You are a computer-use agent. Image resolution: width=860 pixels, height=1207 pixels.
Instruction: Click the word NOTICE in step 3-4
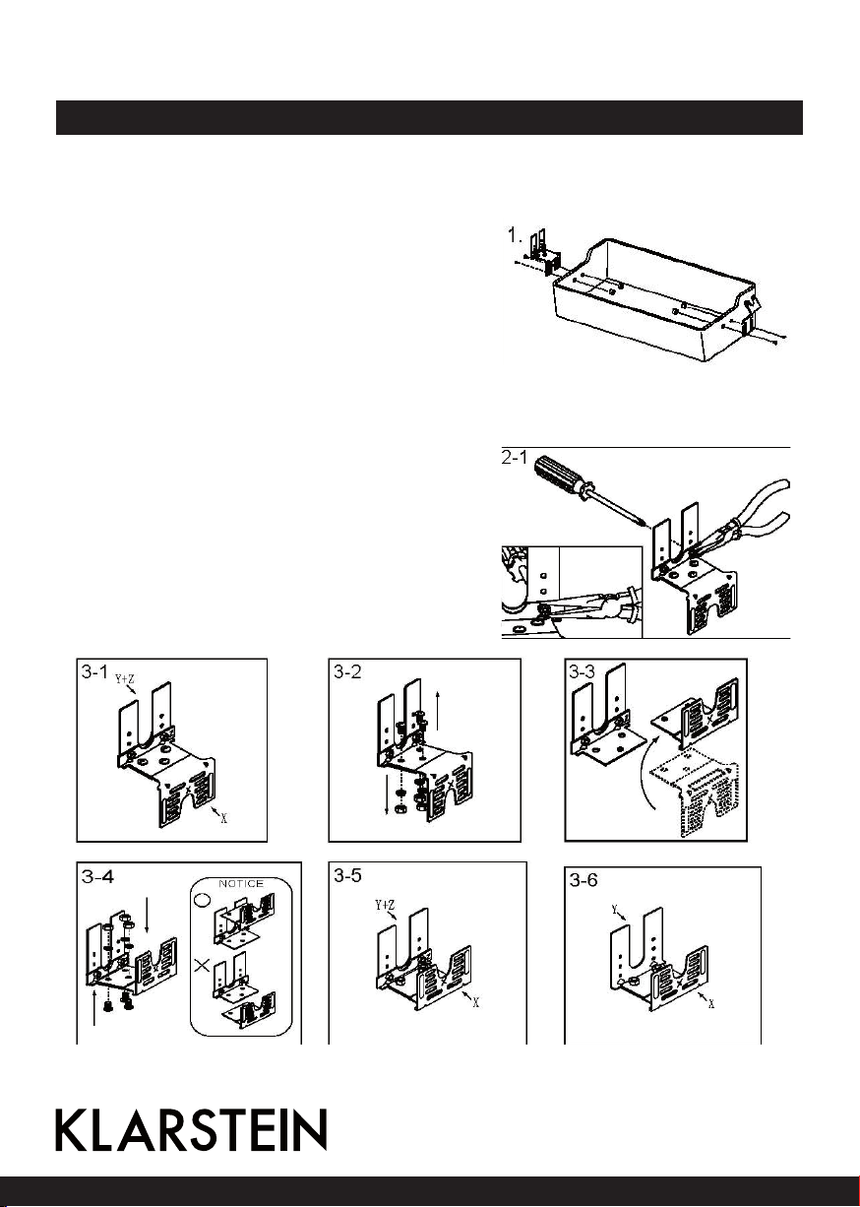tap(240, 883)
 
